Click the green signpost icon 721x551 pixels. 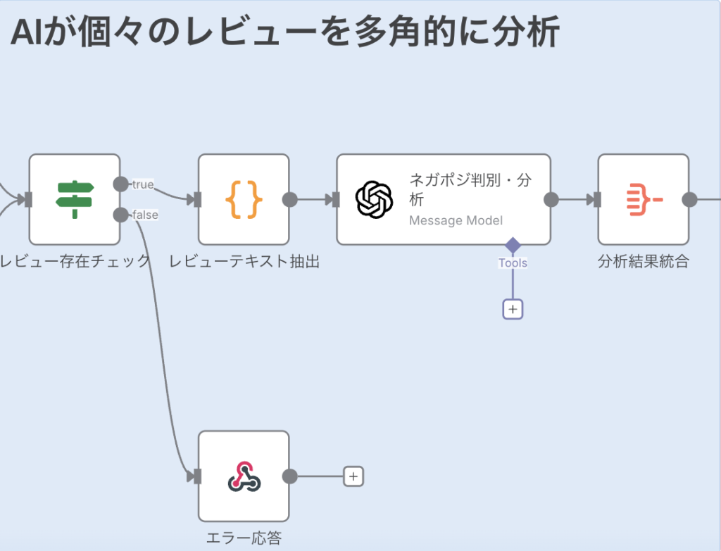point(75,199)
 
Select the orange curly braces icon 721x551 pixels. point(244,199)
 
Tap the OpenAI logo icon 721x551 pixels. point(374,199)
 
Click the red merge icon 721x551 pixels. point(644,199)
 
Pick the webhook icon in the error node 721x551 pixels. point(244,476)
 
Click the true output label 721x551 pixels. point(143,184)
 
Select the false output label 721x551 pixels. point(145,215)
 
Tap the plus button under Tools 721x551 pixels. point(513,309)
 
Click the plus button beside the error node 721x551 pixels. point(353,476)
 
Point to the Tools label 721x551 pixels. point(513,263)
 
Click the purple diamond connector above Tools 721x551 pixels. point(513,246)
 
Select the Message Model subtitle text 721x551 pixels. point(456,221)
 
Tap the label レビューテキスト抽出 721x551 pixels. point(244,262)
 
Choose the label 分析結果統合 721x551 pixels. point(643,262)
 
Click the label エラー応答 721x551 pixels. point(244,539)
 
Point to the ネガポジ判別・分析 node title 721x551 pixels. point(470,189)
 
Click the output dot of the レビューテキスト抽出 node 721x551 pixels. point(289,199)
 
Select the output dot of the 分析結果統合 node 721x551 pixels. point(689,199)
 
